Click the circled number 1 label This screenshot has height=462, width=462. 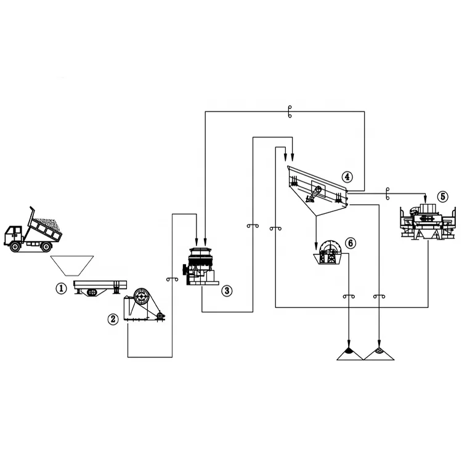pyautogui.click(x=60, y=288)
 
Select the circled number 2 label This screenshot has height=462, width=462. pyautogui.click(x=113, y=319)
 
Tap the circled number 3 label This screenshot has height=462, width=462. pyautogui.click(x=227, y=290)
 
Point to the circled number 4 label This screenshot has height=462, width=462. pyautogui.click(x=347, y=177)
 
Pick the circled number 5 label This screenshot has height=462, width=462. pyautogui.click(x=442, y=197)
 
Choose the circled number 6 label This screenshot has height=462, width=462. pyautogui.click(x=351, y=243)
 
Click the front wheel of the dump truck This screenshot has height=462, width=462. pyautogui.click(x=14, y=246)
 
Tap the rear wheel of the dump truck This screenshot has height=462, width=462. pyautogui.click(x=46, y=246)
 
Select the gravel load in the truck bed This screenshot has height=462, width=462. pyautogui.click(x=48, y=225)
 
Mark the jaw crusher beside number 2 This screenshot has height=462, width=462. pyautogui.click(x=144, y=304)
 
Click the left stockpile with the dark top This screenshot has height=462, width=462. pyautogui.click(x=349, y=354)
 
